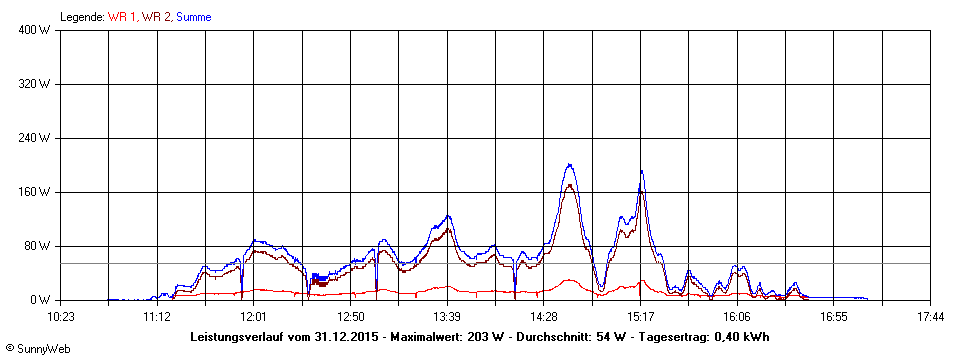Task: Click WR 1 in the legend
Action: (x=124, y=17)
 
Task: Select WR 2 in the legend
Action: (x=157, y=17)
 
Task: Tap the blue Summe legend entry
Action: (x=193, y=17)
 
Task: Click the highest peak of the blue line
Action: (x=569, y=165)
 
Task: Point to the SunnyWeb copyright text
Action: (x=35, y=349)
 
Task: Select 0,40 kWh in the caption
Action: (x=740, y=336)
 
